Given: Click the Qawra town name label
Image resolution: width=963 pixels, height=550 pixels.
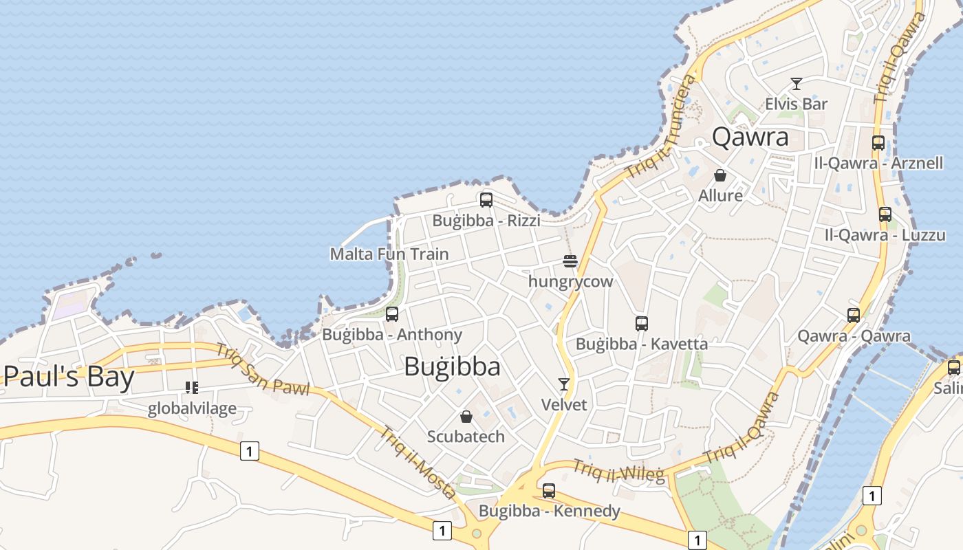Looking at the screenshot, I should [x=750, y=137].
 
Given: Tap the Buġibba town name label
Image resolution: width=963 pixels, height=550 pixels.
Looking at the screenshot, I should [x=452, y=366].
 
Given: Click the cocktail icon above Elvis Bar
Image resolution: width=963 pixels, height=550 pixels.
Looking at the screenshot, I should [x=797, y=84].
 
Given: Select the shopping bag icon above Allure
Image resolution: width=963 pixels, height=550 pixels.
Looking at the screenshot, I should [x=720, y=175].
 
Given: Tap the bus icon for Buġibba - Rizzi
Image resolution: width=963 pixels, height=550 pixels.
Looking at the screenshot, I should [x=486, y=200].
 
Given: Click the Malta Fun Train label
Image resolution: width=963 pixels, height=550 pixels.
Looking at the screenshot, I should [x=389, y=254].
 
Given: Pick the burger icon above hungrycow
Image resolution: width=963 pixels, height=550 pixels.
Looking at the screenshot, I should [x=570, y=261].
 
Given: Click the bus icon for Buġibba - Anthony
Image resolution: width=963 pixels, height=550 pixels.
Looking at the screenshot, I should [x=392, y=314].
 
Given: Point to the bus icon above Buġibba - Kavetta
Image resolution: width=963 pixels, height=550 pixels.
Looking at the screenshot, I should [x=642, y=323].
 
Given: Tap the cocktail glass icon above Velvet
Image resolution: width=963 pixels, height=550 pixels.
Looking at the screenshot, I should [x=564, y=384].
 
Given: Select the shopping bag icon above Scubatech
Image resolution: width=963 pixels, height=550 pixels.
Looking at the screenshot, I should [x=466, y=417].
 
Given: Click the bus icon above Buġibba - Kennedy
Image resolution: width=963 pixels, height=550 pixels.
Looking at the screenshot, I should [x=549, y=491].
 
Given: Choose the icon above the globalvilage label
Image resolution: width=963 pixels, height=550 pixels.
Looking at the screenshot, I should [x=192, y=388].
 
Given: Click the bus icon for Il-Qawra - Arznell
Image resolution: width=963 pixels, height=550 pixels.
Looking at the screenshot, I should [x=878, y=143].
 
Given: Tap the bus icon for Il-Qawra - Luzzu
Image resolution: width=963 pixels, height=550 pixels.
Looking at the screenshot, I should [x=885, y=214].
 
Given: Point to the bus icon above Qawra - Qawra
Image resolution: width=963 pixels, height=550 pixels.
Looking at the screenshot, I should [x=854, y=316].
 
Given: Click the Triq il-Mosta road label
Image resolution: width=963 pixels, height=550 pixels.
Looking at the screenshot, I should [x=418, y=462].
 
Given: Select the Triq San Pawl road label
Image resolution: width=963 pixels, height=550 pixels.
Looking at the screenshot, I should [x=262, y=368].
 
